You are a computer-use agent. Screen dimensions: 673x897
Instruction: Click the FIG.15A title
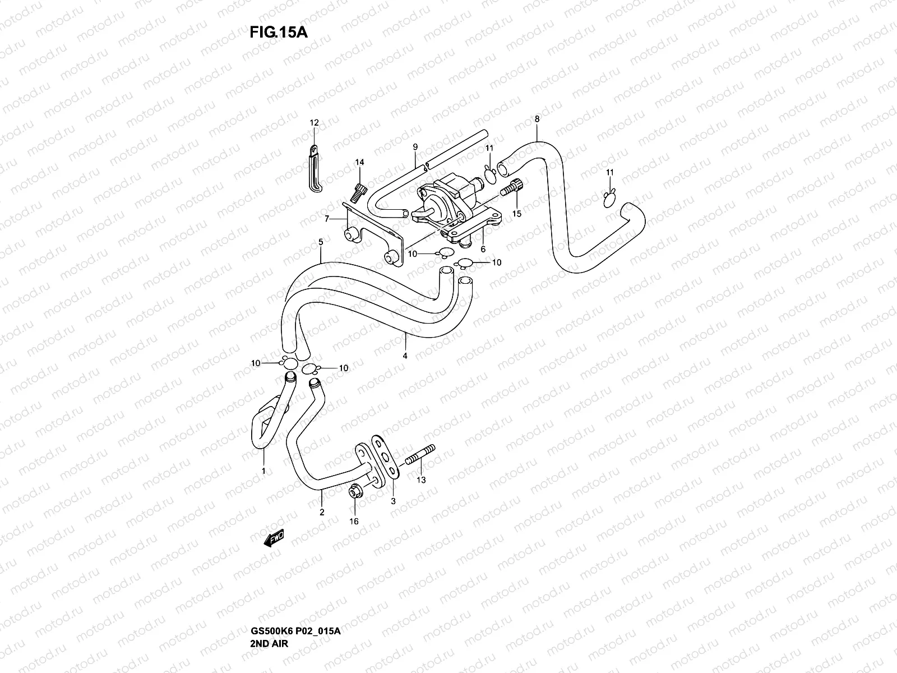point(279,32)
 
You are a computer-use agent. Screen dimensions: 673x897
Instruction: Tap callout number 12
point(314,123)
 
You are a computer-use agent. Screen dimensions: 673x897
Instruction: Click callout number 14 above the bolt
point(359,162)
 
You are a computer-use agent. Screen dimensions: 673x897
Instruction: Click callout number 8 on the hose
point(537,119)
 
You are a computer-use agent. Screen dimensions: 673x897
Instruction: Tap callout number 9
point(415,147)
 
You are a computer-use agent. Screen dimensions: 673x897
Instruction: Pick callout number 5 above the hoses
point(320,242)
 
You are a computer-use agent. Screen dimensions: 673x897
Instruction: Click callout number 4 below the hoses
point(405,356)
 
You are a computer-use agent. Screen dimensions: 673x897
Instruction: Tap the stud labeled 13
point(421,454)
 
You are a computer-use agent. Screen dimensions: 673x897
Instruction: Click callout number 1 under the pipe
point(263,471)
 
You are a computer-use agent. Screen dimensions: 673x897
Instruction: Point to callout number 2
point(322,511)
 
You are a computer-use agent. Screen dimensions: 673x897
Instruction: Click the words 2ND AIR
point(269,596)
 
